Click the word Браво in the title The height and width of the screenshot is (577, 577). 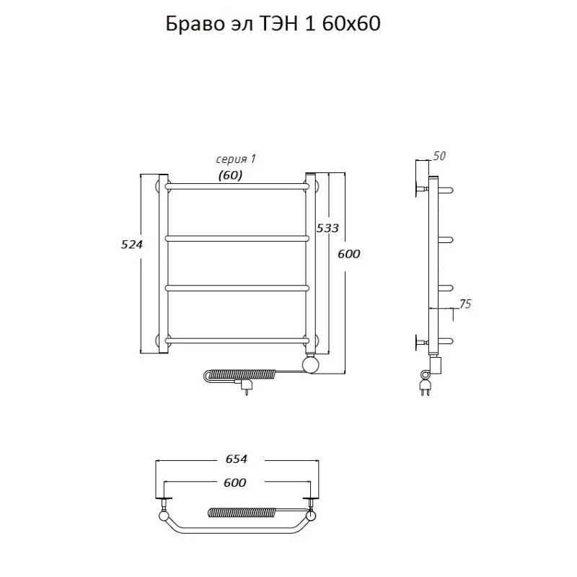pos(195,25)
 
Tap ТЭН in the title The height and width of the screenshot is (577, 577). pos(279,25)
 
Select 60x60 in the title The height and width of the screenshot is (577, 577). pos(351,25)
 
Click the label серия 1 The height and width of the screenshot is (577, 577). pos(236,159)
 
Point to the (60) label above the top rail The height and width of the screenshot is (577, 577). pos(230,175)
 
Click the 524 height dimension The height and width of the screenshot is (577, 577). pos(131,245)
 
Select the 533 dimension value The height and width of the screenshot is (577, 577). pos(327,228)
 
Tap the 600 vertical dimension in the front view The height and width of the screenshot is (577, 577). pos(349,254)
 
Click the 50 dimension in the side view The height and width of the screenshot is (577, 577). pos(439,156)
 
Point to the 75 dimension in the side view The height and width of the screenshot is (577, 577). pos(465,304)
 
